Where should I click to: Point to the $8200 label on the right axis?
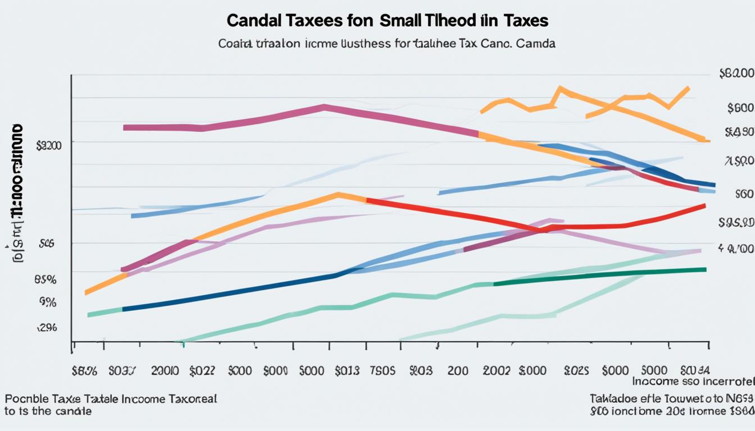point(735,74)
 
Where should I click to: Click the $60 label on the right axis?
point(743,194)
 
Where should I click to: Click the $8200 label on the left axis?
point(49,146)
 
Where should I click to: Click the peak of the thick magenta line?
point(324,107)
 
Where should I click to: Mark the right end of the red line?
point(704,206)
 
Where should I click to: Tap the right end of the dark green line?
point(705,269)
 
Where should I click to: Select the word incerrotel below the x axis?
point(725,382)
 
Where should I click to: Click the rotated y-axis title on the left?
point(17,194)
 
